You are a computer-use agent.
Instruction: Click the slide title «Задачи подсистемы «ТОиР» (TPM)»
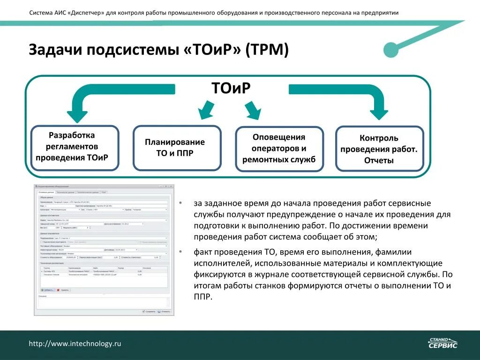point(158,50)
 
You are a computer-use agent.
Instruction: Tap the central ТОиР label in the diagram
point(231,88)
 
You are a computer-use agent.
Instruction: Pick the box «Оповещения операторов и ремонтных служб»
point(279,148)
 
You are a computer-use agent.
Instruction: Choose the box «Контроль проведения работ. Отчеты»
point(379,149)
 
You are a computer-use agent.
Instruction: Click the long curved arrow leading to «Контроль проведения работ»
point(356,91)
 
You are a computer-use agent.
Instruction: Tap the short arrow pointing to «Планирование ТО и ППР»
point(206,110)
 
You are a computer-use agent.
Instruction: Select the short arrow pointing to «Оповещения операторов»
point(253,111)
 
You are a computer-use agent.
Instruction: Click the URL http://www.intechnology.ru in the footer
point(75,344)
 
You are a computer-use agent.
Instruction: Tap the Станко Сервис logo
point(442,343)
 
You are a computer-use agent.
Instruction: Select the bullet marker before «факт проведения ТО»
point(181,252)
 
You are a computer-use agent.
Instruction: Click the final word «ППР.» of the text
point(203,297)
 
